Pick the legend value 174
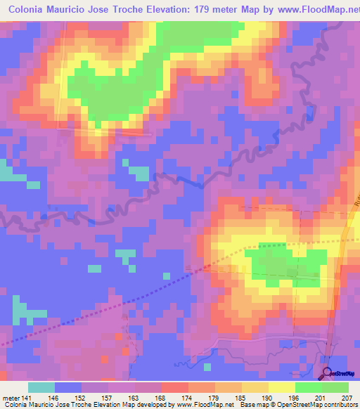(191, 398)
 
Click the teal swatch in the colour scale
(41, 387)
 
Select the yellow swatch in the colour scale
(282, 387)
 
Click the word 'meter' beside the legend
(12, 398)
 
